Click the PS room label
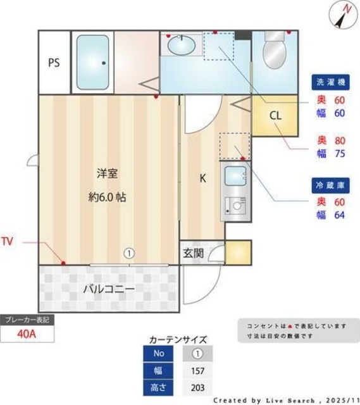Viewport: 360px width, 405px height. click(53, 63)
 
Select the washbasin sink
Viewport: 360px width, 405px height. click(181, 46)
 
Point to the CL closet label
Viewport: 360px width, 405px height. click(274, 116)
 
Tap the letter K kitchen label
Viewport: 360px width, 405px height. click(202, 178)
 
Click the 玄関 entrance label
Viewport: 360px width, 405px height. click(193, 254)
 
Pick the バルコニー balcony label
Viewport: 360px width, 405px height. click(108, 289)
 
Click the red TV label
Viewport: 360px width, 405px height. click(8, 241)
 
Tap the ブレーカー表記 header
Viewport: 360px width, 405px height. click(27, 320)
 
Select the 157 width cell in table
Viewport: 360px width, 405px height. click(197, 370)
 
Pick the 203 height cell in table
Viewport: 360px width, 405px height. click(197, 387)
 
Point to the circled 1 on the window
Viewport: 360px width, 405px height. click(129, 253)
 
